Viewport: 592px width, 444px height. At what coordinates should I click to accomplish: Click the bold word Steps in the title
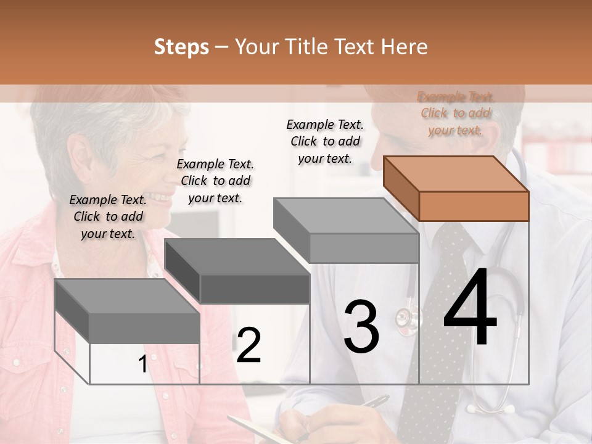point(181,47)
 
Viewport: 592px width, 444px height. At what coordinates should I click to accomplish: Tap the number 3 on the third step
point(361,326)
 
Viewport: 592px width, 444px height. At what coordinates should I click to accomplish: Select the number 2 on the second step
point(249,345)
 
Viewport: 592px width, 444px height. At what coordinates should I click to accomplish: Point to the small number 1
point(142,364)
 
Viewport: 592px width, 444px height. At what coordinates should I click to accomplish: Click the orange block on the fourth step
point(456,188)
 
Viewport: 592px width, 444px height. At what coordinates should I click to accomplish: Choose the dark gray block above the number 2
point(237,271)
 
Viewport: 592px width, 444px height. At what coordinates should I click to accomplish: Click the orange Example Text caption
point(456,113)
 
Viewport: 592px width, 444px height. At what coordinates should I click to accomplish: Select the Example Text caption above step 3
point(325,141)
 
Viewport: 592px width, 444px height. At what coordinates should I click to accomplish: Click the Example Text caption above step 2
point(215,181)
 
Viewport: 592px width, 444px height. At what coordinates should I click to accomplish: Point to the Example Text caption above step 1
point(108,216)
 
